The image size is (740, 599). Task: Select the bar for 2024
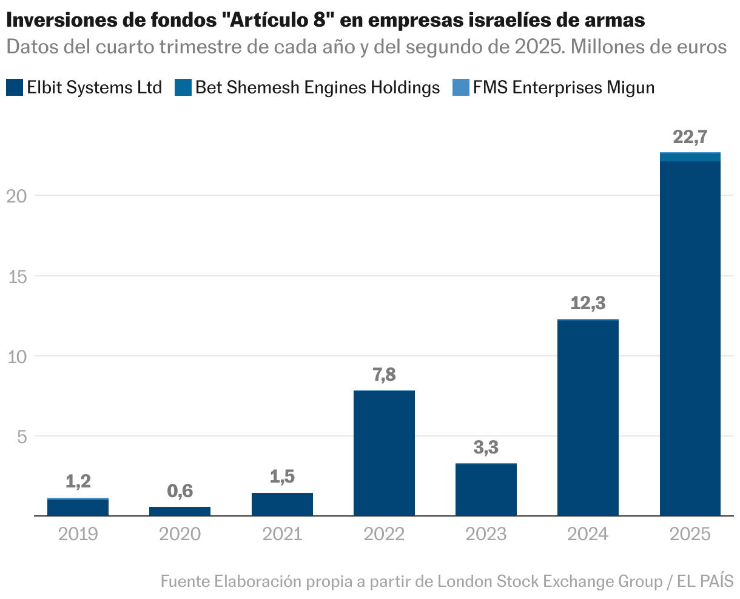coord(588,418)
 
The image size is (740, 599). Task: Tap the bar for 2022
coord(384,453)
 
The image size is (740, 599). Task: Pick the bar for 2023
coord(486,490)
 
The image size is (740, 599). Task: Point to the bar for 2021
coord(282,504)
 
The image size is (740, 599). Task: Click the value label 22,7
coord(690,138)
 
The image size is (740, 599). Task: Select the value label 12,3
coord(588,303)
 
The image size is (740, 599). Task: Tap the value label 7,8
coord(384,375)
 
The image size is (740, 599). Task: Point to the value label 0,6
coord(180,491)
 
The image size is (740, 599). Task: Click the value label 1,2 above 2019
coord(78,481)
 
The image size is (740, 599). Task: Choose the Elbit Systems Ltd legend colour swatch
coord(15,88)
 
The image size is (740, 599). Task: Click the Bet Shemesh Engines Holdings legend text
coord(317,88)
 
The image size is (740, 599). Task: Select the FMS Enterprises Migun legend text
coord(563,88)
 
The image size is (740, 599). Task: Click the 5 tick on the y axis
coord(22,437)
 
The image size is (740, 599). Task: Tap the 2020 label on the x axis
coord(180,534)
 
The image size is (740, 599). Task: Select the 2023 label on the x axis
coord(486,534)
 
